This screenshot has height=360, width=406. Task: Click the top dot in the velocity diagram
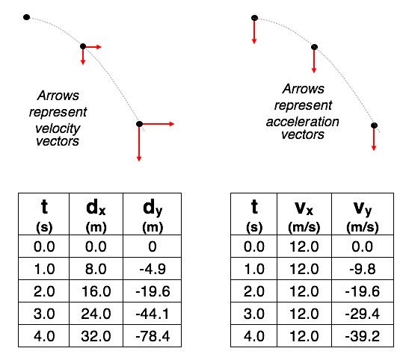tap(26, 17)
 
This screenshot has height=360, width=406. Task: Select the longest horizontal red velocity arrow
tap(157, 124)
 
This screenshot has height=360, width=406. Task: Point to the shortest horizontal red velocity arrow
tap(93, 47)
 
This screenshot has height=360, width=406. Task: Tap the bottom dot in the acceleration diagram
tap(374, 125)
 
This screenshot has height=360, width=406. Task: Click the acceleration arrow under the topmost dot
tap(254, 31)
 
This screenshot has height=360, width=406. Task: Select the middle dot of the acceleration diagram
tap(314, 47)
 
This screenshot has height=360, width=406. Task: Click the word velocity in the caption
tap(58, 128)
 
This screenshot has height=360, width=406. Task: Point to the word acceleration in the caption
tap(302, 122)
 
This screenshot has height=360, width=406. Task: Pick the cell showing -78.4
tap(153, 336)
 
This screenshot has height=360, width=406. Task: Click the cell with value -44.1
tap(153, 314)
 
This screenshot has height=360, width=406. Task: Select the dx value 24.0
tap(96, 314)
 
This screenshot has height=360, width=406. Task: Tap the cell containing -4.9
tap(153, 269)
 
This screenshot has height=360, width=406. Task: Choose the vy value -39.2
tap(363, 336)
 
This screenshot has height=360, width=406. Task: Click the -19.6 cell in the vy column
tap(363, 291)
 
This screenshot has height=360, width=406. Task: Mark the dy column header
tap(153, 214)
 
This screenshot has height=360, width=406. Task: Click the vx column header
tap(304, 214)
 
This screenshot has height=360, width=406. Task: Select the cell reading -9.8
tap(363, 269)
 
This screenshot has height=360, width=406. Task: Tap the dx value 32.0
tap(96, 336)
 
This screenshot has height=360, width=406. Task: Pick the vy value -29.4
tap(363, 314)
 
